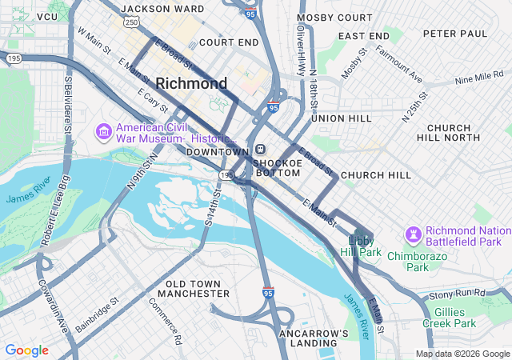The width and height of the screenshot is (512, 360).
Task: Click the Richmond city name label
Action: click(x=191, y=83)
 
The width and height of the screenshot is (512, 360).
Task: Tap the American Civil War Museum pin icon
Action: click(x=103, y=130)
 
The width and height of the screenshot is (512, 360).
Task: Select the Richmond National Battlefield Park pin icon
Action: click(x=413, y=234)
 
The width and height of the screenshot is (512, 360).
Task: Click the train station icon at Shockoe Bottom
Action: click(x=261, y=150)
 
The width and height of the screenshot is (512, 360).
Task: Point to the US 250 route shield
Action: click(x=131, y=23)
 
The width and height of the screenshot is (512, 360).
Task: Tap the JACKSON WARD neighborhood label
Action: click(x=157, y=10)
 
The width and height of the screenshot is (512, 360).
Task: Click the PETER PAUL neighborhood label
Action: click(x=454, y=34)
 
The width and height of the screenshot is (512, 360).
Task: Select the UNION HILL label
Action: click(x=342, y=118)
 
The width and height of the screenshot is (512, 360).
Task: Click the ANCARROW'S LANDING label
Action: click(x=314, y=338)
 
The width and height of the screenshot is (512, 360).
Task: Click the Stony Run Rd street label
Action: click(x=456, y=294)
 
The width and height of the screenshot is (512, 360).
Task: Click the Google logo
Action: click(x=26, y=350)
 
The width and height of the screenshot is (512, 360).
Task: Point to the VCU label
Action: click(x=47, y=16)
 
